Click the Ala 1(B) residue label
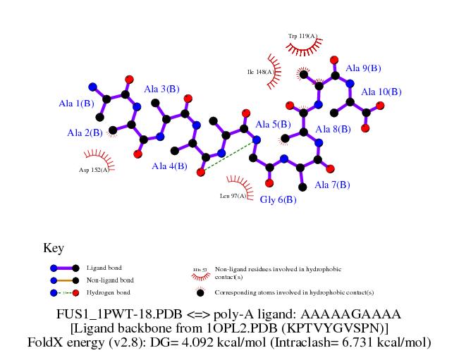click(x=76, y=104)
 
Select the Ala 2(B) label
click(x=85, y=132)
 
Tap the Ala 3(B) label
click(x=161, y=89)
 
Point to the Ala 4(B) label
click(x=170, y=166)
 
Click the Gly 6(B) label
click(x=279, y=199)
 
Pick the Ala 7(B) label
click(x=332, y=185)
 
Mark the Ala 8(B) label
click(x=333, y=130)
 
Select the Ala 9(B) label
click(x=363, y=68)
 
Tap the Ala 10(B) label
click(x=381, y=92)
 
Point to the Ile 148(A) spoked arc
click(x=272, y=72)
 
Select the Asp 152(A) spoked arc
click(x=95, y=156)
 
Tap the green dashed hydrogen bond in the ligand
click(x=227, y=157)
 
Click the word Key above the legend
click(x=54, y=248)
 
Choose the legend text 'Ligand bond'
click(x=104, y=268)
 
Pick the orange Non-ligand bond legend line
click(x=64, y=280)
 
